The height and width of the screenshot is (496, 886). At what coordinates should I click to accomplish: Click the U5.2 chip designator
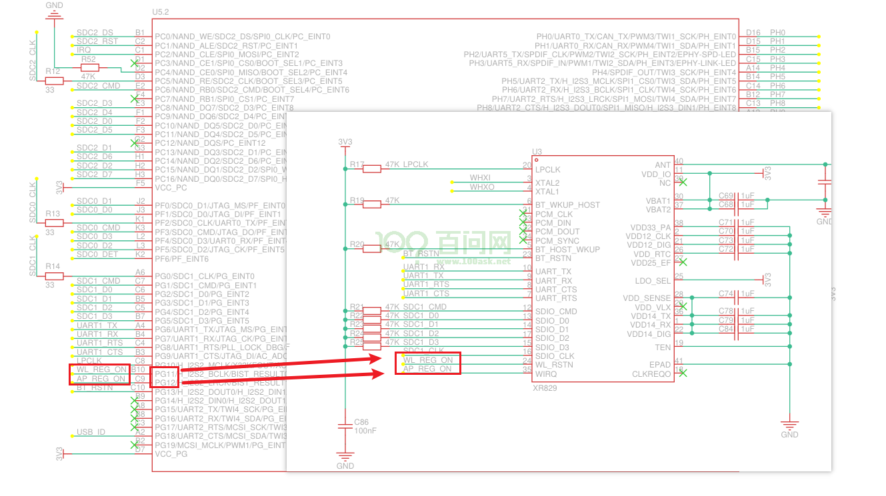tap(161, 13)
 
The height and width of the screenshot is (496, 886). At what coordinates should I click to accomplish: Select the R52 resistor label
tap(89, 59)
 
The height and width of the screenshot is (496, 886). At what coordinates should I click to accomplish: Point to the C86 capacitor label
tap(361, 422)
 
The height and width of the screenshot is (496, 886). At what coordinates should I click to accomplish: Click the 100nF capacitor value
tap(364, 431)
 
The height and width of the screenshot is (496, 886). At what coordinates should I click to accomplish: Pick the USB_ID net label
tap(91, 432)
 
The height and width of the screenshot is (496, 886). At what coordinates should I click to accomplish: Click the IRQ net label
tap(83, 50)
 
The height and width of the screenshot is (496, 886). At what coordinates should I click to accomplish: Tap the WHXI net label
tap(480, 178)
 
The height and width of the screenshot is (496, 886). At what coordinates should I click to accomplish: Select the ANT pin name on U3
tap(663, 164)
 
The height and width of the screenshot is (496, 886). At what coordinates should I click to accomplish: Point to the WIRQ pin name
tap(546, 373)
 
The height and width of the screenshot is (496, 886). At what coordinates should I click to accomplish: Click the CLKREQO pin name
tap(651, 374)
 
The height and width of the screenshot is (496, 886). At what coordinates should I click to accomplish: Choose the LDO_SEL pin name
tap(654, 280)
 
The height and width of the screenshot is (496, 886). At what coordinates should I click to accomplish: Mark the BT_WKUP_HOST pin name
tap(567, 205)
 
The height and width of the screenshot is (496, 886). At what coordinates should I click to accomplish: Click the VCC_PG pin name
tap(171, 454)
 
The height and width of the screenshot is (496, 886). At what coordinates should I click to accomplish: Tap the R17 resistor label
tap(357, 164)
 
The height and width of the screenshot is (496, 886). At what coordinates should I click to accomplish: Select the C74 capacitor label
tap(726, 294)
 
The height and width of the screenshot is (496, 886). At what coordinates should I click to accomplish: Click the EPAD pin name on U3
tap(660, 365)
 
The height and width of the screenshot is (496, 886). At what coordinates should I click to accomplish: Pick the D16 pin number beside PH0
tap(753, 33)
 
